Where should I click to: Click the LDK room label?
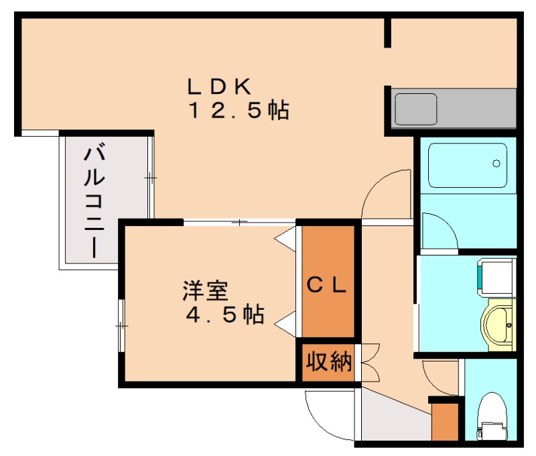pos(219,87)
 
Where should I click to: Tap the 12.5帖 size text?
pos(239,110)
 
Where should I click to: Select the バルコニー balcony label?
pos(94,201)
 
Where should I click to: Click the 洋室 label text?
pos(206,291)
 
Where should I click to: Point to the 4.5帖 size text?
pos(225,314)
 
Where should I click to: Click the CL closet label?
pos(327,285)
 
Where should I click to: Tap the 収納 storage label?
pos(328,361)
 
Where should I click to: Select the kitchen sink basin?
pos(415,109)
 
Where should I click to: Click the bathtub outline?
pos(468,165)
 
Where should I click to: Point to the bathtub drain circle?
pos(496,164)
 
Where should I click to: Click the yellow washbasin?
pos(498,325)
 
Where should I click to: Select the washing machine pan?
pos(496,278)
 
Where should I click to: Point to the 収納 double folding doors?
pos(371,362)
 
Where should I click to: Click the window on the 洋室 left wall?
pos(121,326)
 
